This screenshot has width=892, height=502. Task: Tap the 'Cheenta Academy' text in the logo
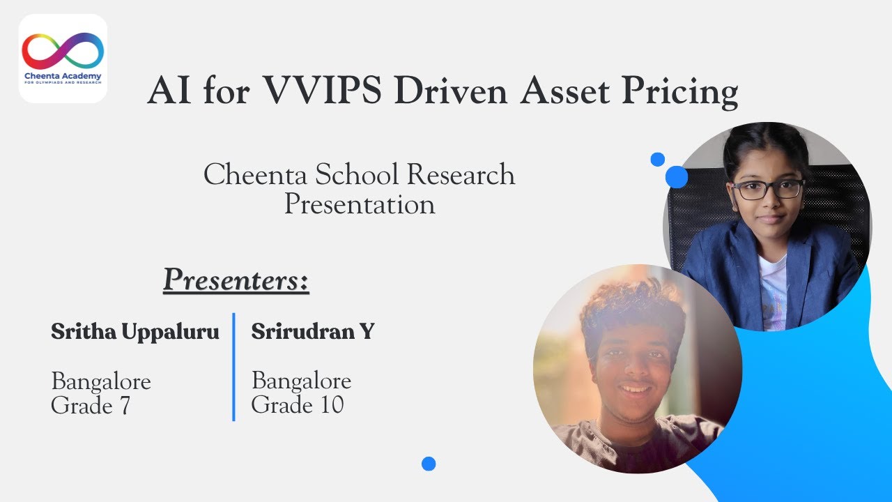pos(63,76)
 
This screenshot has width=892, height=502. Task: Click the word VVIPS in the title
pos(322,90)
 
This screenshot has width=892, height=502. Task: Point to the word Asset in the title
pos(565,90)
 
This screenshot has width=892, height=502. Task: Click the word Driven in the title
pos(451,90)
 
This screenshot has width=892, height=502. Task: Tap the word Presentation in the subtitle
pos(360,204)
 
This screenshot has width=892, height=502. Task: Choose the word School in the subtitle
pos(357,174)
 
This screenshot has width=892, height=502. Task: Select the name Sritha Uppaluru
pos(135,332)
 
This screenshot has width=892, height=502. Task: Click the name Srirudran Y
pos(313,331)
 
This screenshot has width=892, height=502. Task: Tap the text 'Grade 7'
pos(91,406)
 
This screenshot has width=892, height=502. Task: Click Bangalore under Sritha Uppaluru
pos(101,381)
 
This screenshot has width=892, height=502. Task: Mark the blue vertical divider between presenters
pos(233,367)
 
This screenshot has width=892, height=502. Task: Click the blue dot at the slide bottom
pos(429,464)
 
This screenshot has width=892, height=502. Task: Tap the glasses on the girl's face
pos(767,189)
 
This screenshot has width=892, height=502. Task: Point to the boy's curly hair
pos(633,307)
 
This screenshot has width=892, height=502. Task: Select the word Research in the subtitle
pos(461,174)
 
